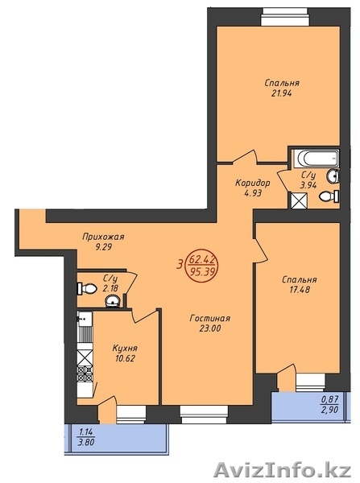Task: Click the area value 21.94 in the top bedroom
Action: [x=281, y=93]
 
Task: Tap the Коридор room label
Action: [x=252, y=183]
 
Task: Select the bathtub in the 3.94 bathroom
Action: [x=316, y=159]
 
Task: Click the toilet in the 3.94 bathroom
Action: [x=329, y=196]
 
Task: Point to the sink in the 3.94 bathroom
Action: [x=333, y=176]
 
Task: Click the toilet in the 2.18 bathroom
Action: [x=87, y=289]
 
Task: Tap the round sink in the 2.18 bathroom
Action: [x=113, y=301]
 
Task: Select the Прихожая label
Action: [x=103, y=237]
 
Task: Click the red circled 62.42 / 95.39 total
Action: [x=202, y=266]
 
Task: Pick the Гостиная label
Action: [x=209, y=318]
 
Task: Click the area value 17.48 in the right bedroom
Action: [x=300, y=290]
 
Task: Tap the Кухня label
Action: [x=125, y=348]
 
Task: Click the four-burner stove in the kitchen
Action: [x=85, y=374]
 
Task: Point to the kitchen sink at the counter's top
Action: [x=85, y=319]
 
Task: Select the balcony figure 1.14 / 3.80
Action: [x=86, y=437]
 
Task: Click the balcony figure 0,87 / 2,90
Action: [x=330, y=404]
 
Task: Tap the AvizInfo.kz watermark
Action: [x=283, y=471]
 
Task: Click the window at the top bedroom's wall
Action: [x=285, y=17]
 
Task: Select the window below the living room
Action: [x=204, y=415]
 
